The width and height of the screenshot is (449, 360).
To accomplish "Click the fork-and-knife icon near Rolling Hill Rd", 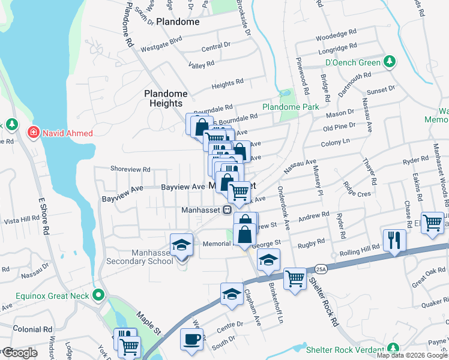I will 394,240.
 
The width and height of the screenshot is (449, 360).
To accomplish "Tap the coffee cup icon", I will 191,338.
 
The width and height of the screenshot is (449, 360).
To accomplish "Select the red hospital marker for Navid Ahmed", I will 34,132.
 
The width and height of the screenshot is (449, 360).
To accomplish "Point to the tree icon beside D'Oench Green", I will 390,62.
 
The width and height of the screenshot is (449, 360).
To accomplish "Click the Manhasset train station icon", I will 228,210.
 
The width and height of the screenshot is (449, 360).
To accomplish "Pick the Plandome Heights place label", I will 166,98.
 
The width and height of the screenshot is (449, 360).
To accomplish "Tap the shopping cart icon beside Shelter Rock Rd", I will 294,278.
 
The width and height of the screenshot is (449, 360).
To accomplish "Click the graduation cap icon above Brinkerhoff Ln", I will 268,259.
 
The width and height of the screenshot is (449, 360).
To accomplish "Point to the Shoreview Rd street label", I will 130,170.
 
